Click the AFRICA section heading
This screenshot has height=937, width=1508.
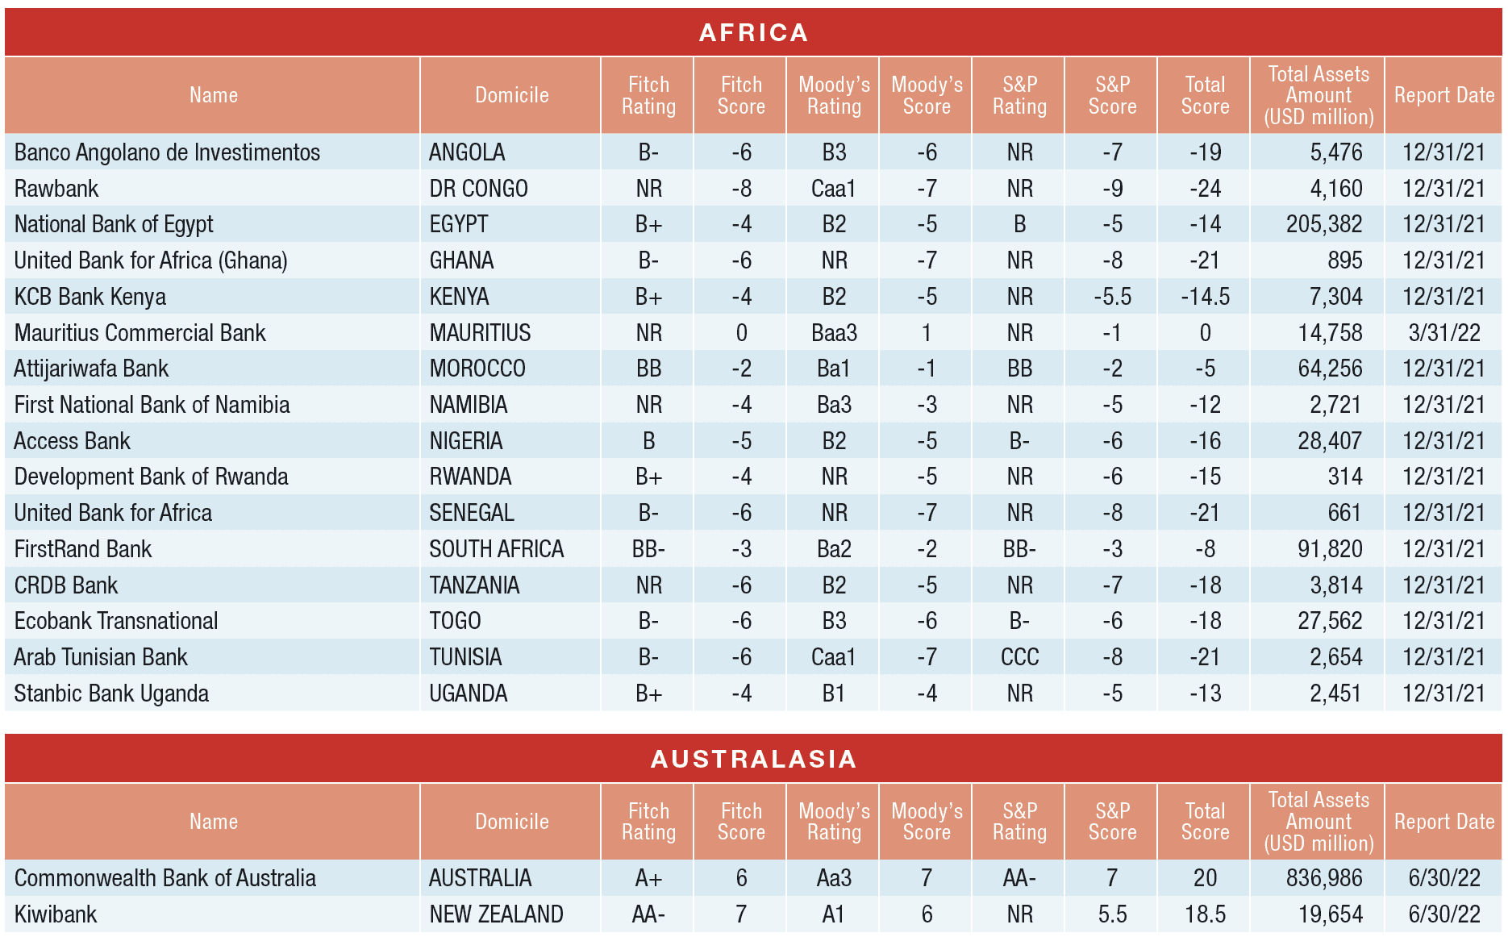point(753,32)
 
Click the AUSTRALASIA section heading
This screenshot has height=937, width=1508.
point(753,759)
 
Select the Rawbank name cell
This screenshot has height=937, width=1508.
point(56,189)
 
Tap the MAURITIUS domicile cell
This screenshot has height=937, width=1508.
point(480,333)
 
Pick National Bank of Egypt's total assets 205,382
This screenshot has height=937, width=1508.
point(1324,224)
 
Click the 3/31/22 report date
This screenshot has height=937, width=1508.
point(1443,333)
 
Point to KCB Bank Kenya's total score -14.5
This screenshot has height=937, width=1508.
point(1205,297)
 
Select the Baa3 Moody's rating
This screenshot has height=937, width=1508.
point(834,333)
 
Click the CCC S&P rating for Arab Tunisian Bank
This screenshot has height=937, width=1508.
point(1019,657)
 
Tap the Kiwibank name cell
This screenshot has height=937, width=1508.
point(56,914)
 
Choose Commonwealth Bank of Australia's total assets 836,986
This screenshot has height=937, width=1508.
point(1324,878)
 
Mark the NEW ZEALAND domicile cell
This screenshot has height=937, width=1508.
point(496,914)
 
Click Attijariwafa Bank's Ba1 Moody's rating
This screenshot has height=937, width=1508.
point(834,369)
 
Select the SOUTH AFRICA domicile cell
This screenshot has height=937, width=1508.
point(496,549)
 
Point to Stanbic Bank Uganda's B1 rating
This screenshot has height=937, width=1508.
point(834,693)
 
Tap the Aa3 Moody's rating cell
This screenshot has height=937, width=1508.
point(834,878)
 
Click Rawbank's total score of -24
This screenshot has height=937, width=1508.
point(1205,189)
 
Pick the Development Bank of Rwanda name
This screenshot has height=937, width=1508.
point(151,477)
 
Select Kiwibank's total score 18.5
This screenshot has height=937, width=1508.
point(1205,914)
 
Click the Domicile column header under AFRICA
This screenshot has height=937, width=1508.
point(511,95)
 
